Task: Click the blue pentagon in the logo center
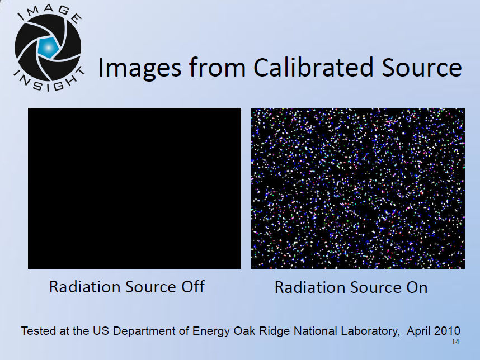[48, 48]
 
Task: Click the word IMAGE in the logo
[50, 14]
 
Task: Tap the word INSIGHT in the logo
[49, 80]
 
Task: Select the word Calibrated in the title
[313, 67]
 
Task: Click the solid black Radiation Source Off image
[134, 188]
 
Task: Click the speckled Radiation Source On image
[358, 189]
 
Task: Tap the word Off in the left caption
[193, 287]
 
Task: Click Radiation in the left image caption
[85, 287]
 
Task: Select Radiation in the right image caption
[310, 287]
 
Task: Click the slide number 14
[455, 342]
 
